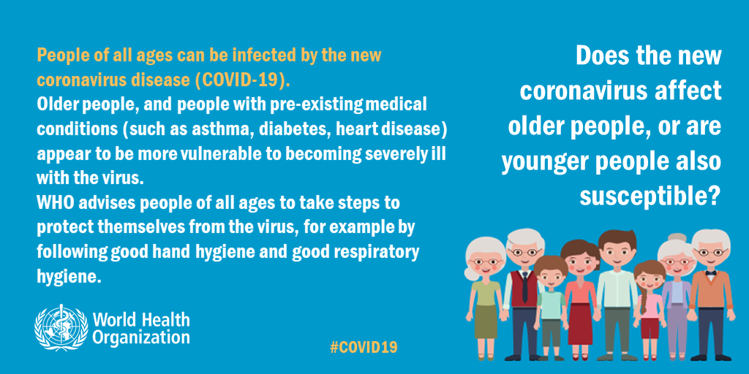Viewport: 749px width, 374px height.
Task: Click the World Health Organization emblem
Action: click(x=61, y=327)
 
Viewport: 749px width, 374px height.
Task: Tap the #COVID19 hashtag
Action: click(x=364, y=347)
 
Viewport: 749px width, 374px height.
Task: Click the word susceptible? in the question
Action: click(x=650, y=196)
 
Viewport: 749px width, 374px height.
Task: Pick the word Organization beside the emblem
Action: click(x=141, y=337)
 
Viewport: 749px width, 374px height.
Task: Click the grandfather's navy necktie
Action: click(x=524, y=287)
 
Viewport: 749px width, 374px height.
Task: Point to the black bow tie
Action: click(x=711, y=273)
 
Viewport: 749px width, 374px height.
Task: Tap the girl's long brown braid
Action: click(x=644, y=306)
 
